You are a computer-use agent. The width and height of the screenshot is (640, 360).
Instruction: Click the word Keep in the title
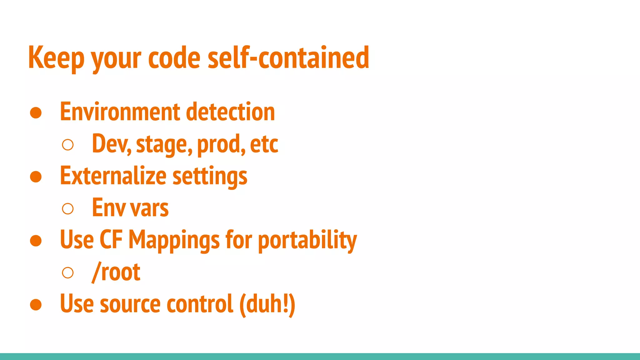pos(56,58)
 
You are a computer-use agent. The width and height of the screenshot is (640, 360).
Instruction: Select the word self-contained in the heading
pos(288,58)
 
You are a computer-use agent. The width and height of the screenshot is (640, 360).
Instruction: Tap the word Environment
pos(120,112)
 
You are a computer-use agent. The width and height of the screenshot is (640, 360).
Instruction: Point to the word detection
pos(230,112)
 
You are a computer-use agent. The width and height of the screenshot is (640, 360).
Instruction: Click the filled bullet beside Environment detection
pos(36,113)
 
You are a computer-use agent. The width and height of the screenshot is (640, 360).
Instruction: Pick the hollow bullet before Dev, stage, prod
pos(68,145)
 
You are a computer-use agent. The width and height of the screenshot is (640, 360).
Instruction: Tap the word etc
pos(264,144)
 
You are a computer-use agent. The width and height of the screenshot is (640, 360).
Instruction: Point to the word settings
pos(210,177)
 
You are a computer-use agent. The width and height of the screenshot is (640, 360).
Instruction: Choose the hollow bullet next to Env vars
pos(68,208)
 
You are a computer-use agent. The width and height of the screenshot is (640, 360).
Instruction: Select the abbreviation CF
pos(111,240)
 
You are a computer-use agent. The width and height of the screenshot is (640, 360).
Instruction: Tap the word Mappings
pos(174,240)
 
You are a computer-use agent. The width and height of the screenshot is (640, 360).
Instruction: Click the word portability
pos(307,240)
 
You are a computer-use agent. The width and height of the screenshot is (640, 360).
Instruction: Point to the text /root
pos(116,272)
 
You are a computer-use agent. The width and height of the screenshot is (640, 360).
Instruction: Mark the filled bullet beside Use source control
pos(36,305)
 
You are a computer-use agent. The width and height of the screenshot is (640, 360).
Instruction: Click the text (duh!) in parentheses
pos(267,304)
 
